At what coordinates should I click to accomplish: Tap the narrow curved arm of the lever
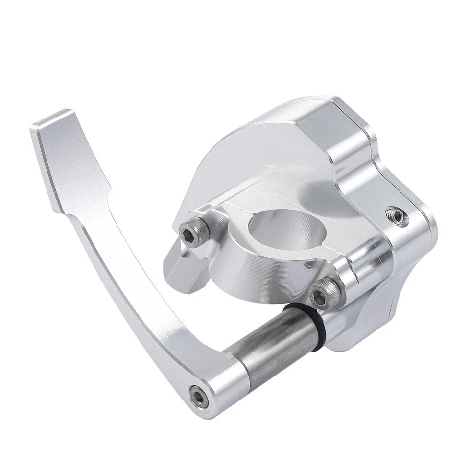point(132,294)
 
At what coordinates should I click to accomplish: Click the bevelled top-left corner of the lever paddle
point(49,117)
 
